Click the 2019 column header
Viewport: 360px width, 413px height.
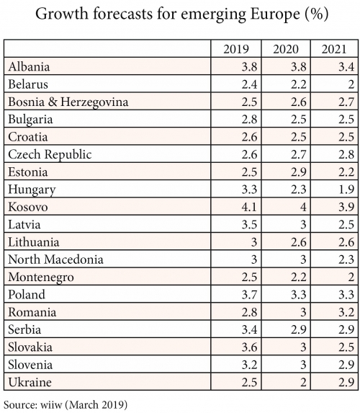pyautogui.click(x=235, y=49)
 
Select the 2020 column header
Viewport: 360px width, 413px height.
pyautogui.click(x=286, y=49)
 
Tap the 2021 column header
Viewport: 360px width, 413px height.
pyautogui.click(x=334, y=49)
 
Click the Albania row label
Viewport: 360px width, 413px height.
pyautogui.click(x=29, y=66)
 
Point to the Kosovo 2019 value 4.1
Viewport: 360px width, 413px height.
pyautogui.click(x=249, y=207)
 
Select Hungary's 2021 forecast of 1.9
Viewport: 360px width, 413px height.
pyautogui.click(x=346, y=190)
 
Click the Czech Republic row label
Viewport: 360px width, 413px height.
pyautogui.click(x=50, y=155)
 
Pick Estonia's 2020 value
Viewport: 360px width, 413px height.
pyautogui.click(x=299, y=172)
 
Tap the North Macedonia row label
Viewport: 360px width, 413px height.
pyautogui.click(x=55, y=259)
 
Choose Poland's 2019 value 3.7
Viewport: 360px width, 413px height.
pyautogui.click(x=249, y=295)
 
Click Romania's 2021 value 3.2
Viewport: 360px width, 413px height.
pyautogui.click(x=346, y=312)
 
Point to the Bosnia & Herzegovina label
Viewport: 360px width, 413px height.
pyautogui.click(x=68, y=102)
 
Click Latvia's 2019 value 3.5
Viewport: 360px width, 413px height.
pyautogui.click(x=249, y=224)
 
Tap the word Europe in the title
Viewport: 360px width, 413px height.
pyautogui.click(x=275, y=14)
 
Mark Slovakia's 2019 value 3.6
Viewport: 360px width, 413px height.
pyautogui.click(x=249, y=347)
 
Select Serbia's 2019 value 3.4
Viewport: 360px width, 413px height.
pyautogui.click(x=249, y=329)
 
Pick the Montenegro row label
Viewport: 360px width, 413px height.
pyautogui.click(x=41, y=277)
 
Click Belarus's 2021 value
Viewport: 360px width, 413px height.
pyautogui.click(x=351, y=84)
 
